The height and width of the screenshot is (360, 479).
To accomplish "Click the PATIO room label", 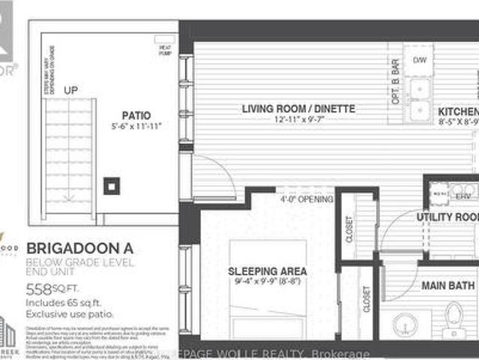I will (x=136, y=115).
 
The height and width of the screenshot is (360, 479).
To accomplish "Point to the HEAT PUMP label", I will (x=164, y=50).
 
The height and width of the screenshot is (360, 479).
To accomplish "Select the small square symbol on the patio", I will (x=112, y=184).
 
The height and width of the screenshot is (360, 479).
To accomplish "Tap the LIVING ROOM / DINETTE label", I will (x=298, y=109).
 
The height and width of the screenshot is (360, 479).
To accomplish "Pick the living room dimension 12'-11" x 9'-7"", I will (x=298, y=119).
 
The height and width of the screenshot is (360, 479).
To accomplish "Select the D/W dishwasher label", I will (x=419, y=59).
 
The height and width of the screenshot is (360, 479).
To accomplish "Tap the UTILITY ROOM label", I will (x=448, y=217).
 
